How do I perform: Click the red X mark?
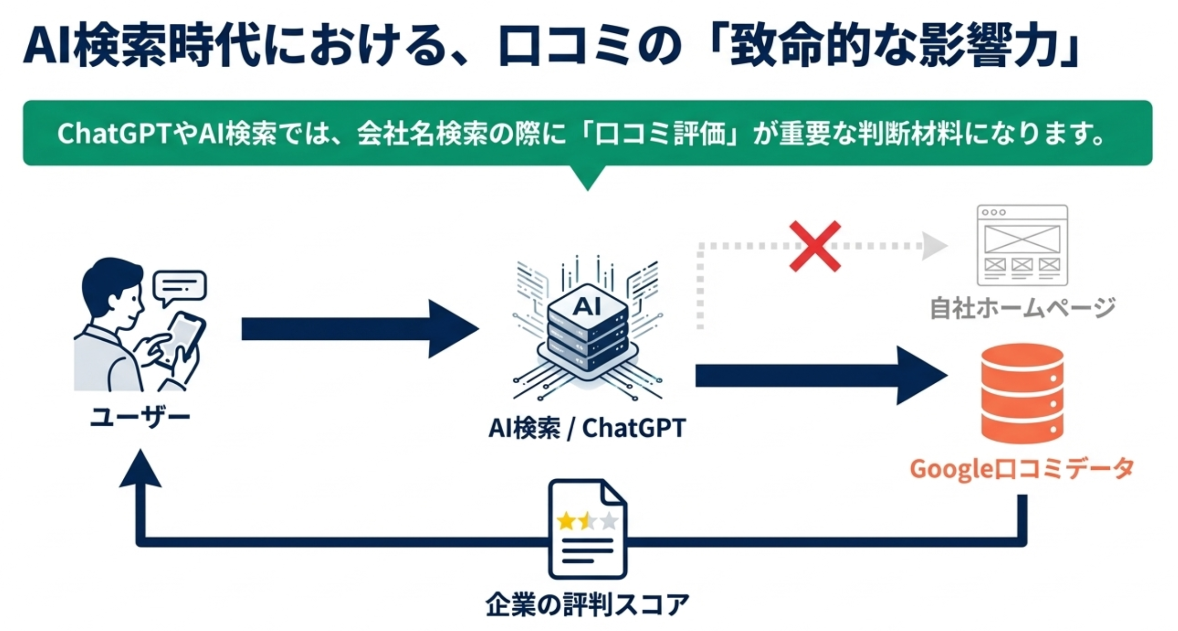[815, 246]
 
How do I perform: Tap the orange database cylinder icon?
[1022, 393]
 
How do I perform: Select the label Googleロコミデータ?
[1021, 469]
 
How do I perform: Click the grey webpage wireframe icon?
[1022, 245]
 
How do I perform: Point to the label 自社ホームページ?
[1022, 308]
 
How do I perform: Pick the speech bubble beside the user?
[180, 286]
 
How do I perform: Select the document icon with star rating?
[587, 529]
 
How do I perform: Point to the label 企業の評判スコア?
[587, 604]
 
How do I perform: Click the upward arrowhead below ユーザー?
[140, 470]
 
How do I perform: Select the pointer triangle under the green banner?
[587, 177]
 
